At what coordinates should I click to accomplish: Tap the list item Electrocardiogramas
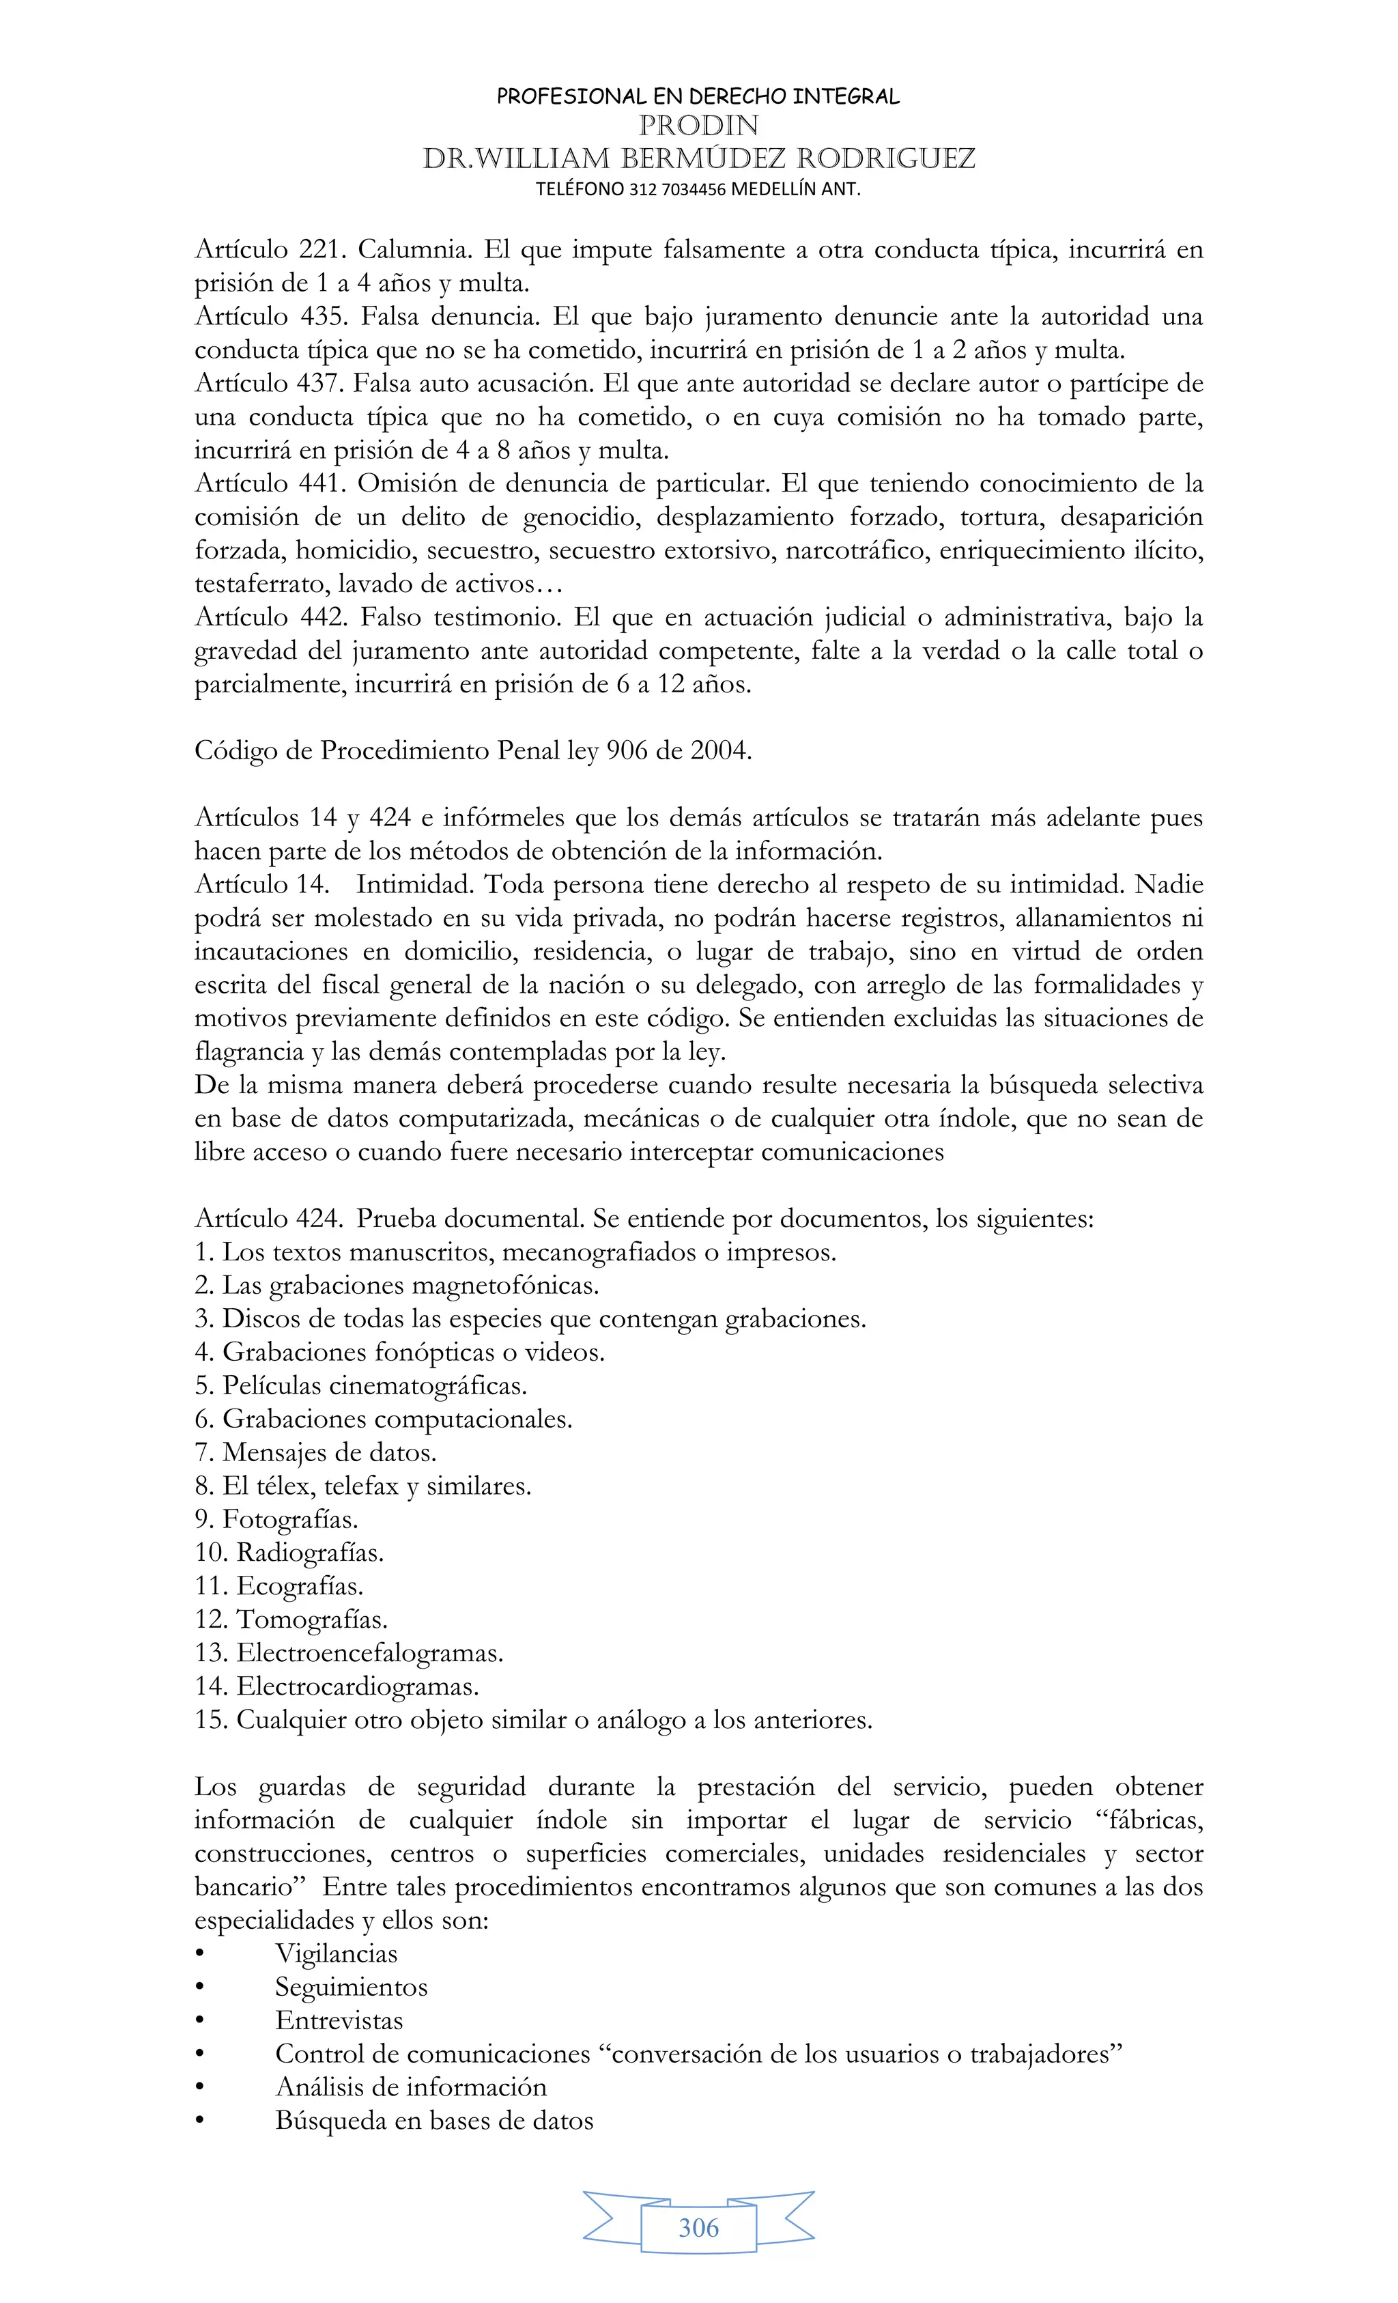pos(357,1687)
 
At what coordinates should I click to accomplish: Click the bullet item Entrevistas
pos(339,2022)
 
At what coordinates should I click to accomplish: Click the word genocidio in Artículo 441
pos(582,518)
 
